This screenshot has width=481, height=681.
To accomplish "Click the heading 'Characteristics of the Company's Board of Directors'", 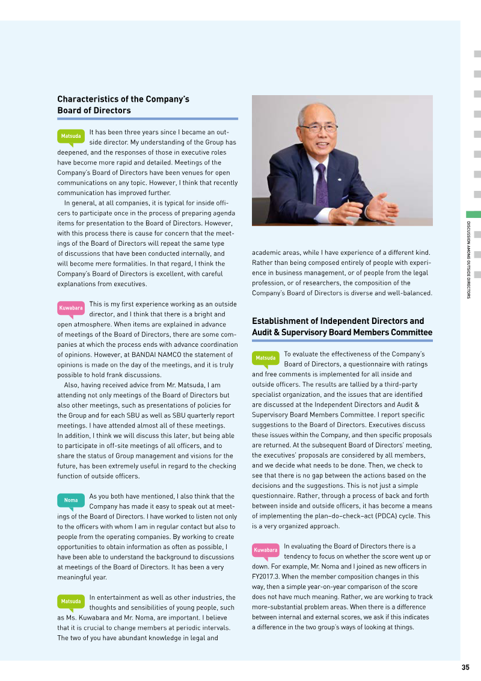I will pyautogui.click(x=123, y=105).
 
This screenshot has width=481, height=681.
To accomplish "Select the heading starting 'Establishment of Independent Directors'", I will pyautogui.click(x=342, y=326).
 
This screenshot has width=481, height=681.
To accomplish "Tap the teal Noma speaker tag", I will pyautogui.click(x=71, y=500).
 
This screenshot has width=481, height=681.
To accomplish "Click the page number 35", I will pyautogui.click(x=465, y=667).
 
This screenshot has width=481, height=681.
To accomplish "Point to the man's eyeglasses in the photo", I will pyautogui.click(x=317, y=128).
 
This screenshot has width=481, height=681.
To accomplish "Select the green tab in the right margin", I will pyautogui.click(x=473, y=214).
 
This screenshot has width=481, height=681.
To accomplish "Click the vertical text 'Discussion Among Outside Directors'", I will pyautogui.click(x=468, y=260).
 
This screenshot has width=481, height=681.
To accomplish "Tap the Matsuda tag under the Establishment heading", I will pyautogui.click(x=265, y=358).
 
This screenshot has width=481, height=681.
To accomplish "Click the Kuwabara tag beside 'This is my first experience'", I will pyautogui.click(x=71, y=308).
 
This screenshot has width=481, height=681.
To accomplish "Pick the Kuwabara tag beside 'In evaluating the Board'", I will pyautogui.click(x=265, y=550).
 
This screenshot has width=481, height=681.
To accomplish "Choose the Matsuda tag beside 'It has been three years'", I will pyautogui.click(x=71, y=136).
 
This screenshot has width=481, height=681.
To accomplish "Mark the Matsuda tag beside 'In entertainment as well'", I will pyautogui.click(x=71, y=601).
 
